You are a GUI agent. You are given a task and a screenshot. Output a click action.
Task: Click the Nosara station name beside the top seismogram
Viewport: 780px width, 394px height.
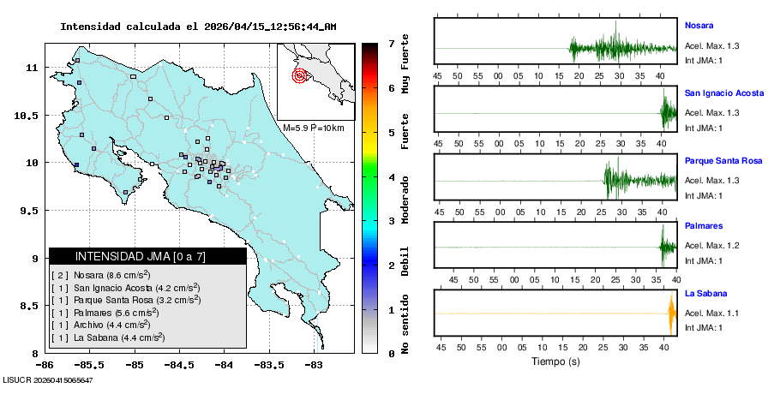(699, 25)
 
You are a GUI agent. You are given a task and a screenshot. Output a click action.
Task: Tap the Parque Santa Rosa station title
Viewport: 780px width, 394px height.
(723, 160)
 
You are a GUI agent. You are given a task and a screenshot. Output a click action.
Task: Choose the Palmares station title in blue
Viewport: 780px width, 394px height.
(704, 226)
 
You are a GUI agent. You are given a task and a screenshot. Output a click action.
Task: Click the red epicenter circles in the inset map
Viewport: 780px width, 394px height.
(299, 75)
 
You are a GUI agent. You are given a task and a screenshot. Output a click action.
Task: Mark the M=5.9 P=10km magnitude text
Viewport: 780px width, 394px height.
(313, 128)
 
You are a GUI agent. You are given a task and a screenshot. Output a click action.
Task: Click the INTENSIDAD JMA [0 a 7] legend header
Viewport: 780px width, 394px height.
(147, 256)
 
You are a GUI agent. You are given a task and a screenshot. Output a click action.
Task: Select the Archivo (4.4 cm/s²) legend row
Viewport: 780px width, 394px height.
(101, 325)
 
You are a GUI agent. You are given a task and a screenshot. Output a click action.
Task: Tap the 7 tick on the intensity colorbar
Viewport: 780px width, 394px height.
(391, 43)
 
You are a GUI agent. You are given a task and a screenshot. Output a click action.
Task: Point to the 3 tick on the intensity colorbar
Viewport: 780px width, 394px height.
(391, 220)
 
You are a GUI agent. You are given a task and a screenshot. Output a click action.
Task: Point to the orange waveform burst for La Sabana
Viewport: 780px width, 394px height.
(671, 313)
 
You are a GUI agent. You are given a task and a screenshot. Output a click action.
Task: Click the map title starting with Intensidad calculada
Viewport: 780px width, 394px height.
(198, 27)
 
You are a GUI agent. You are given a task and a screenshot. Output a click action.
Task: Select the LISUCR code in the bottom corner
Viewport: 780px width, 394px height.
(48, 379)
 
